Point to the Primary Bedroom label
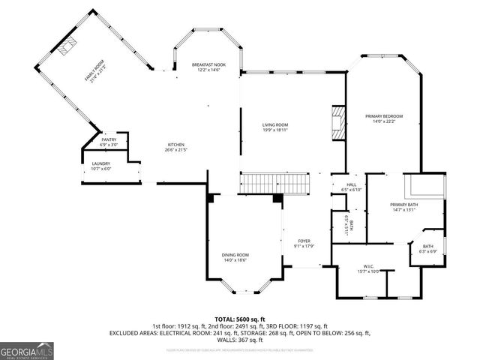[384, 116]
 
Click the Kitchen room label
[176, 145]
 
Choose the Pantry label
[109, 139]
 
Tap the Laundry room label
[100, 163]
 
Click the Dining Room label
[235, 255]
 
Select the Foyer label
[304, 241]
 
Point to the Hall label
[351, 184]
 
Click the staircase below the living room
[274, 183]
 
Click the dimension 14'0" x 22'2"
[384, 121]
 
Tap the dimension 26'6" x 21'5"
[176, 150]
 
